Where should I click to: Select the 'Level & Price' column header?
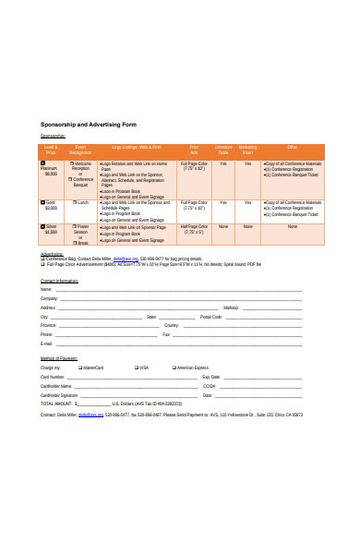(51, 149)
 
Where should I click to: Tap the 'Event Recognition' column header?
(81, 149)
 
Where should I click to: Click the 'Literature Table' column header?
(223, 149)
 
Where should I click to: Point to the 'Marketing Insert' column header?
(248, 149)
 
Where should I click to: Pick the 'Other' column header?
(292, 147)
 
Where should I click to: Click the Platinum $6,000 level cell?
(51, 170)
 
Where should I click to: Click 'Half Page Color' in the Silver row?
(194, 228)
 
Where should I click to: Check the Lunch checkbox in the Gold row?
(73, 201)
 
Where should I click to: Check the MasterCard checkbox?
(79, 367)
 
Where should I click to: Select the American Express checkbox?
(174, 367)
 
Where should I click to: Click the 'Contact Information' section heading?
(60, 280)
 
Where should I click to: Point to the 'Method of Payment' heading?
(59, 357)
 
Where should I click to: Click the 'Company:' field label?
(49, 298)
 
